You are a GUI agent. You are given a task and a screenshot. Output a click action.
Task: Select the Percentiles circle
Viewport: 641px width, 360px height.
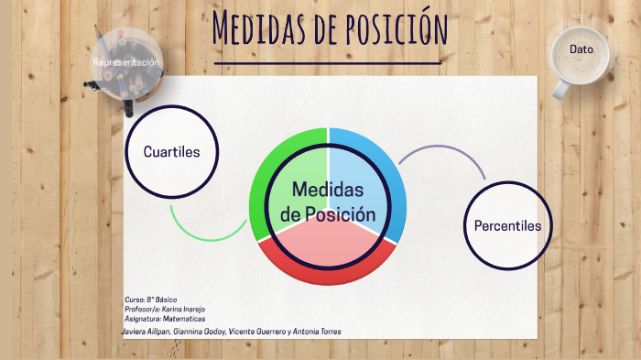(x=507, y=225)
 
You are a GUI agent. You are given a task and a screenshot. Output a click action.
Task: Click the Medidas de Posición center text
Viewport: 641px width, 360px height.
(x=328, y=202)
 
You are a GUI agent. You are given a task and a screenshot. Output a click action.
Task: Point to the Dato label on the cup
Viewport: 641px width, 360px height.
(x=581, y=49)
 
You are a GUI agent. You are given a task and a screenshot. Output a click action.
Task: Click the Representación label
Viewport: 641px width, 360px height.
(x=126, y=61)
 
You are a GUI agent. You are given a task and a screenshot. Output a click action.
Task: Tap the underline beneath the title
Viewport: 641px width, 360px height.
(x=327, y=62)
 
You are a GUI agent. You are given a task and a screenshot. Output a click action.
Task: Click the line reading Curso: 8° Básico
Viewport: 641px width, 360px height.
(x=150, y=300)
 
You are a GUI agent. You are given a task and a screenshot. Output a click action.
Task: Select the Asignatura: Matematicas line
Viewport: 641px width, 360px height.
(x=165, y=320)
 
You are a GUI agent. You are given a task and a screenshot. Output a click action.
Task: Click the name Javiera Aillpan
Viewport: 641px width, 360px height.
(x=146, y=331)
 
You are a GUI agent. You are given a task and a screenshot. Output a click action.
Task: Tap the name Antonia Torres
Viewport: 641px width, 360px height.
(x=315, y=331)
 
